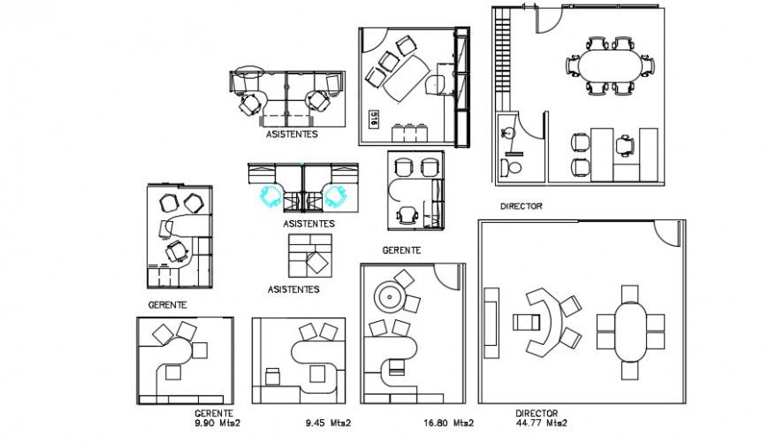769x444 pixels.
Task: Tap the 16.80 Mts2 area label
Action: pos(448,423)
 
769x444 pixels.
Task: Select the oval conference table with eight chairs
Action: pos(611,65)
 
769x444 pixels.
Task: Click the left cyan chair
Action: pos(269,195)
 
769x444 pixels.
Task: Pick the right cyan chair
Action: pos(335,195)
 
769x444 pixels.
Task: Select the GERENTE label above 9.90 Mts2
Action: pos(214,413)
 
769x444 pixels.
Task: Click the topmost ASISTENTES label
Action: pos(292,135)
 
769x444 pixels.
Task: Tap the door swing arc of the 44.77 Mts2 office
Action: pos(667,233)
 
